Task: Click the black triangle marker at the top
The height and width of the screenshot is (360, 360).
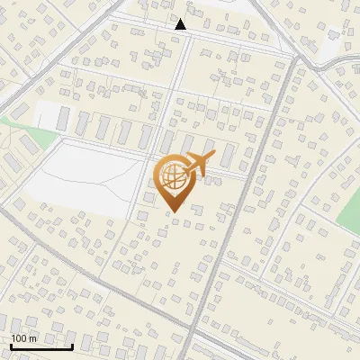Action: pos(181,24)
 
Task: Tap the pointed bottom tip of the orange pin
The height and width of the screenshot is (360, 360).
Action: pos(173,212)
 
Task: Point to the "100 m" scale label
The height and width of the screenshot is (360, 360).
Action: pos(24,338)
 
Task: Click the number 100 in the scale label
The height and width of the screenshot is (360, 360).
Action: pos(20,338)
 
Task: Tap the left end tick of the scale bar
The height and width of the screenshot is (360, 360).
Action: pos(11,345)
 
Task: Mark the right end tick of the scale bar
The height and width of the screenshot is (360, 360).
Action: pos(73,345)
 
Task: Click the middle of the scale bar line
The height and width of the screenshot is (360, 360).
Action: pos(41,346)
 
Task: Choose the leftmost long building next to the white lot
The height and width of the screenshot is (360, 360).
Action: pos(64,118)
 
